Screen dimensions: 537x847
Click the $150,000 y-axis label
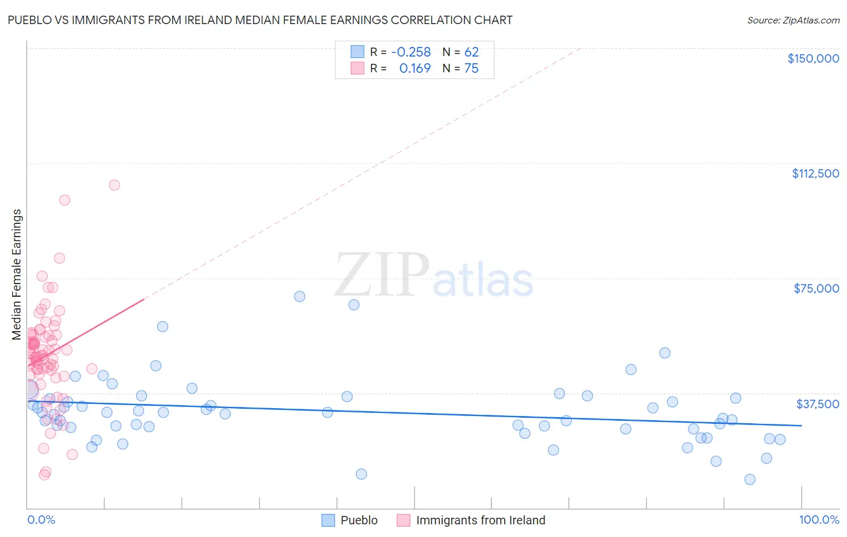tap(813, 58)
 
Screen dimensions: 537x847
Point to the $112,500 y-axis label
tap(815, 173)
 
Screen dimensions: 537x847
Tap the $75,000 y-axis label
tap(816, 288)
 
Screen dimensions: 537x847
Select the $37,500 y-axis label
tap(817, 404)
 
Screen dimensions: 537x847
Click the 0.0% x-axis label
tap(41, 520)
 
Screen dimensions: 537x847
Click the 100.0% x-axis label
tap(819, 520)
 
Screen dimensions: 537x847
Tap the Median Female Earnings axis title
tap(17, 275)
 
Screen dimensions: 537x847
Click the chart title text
tap(260, 20)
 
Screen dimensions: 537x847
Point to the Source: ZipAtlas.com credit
tap(793, 20)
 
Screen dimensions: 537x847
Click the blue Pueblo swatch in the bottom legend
tap(328, 520)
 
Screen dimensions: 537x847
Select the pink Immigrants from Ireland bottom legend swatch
tap(403, 520)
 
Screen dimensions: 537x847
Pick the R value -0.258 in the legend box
tap(411, 52)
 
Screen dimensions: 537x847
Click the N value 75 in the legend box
tap(471, 69)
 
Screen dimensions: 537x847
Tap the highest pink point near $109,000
tap(114, 185)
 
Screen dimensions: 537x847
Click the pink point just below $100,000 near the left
tap(64, 200)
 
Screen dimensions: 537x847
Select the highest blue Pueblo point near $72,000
tap(299, 296)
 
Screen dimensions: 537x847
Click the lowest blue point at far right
tap(749, 479)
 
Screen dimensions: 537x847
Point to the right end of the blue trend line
tap(801, 426)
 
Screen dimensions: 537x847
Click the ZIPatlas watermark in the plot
tap(434, 275)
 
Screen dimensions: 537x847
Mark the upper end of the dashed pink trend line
tap(580, 48)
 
